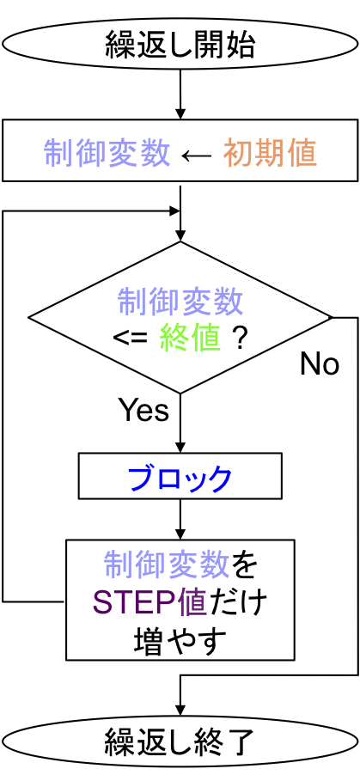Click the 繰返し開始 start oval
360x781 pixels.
pos(180,44)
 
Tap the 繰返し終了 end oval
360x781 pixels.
pos(180,743)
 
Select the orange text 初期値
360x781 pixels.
pos(270,152)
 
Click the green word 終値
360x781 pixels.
pos(190,339)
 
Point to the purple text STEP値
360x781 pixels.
pos(149,602)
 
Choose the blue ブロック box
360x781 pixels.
pos(180,476)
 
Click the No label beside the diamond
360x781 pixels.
pos(320,364)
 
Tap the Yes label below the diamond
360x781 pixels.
pos(143,410)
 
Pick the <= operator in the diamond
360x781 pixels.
pos(131,339)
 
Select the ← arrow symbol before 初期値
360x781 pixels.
pos(197,155)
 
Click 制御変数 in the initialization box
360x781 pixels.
pos(107,152)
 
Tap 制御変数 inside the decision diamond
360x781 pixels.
pos(180,302)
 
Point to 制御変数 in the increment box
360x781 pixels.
pos(167,565)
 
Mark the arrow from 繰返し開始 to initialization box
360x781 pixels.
pos(180,95)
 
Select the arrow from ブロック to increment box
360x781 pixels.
pos(180,519)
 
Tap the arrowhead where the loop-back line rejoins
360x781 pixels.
pos(174,211)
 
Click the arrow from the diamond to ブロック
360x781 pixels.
pos(180,423)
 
